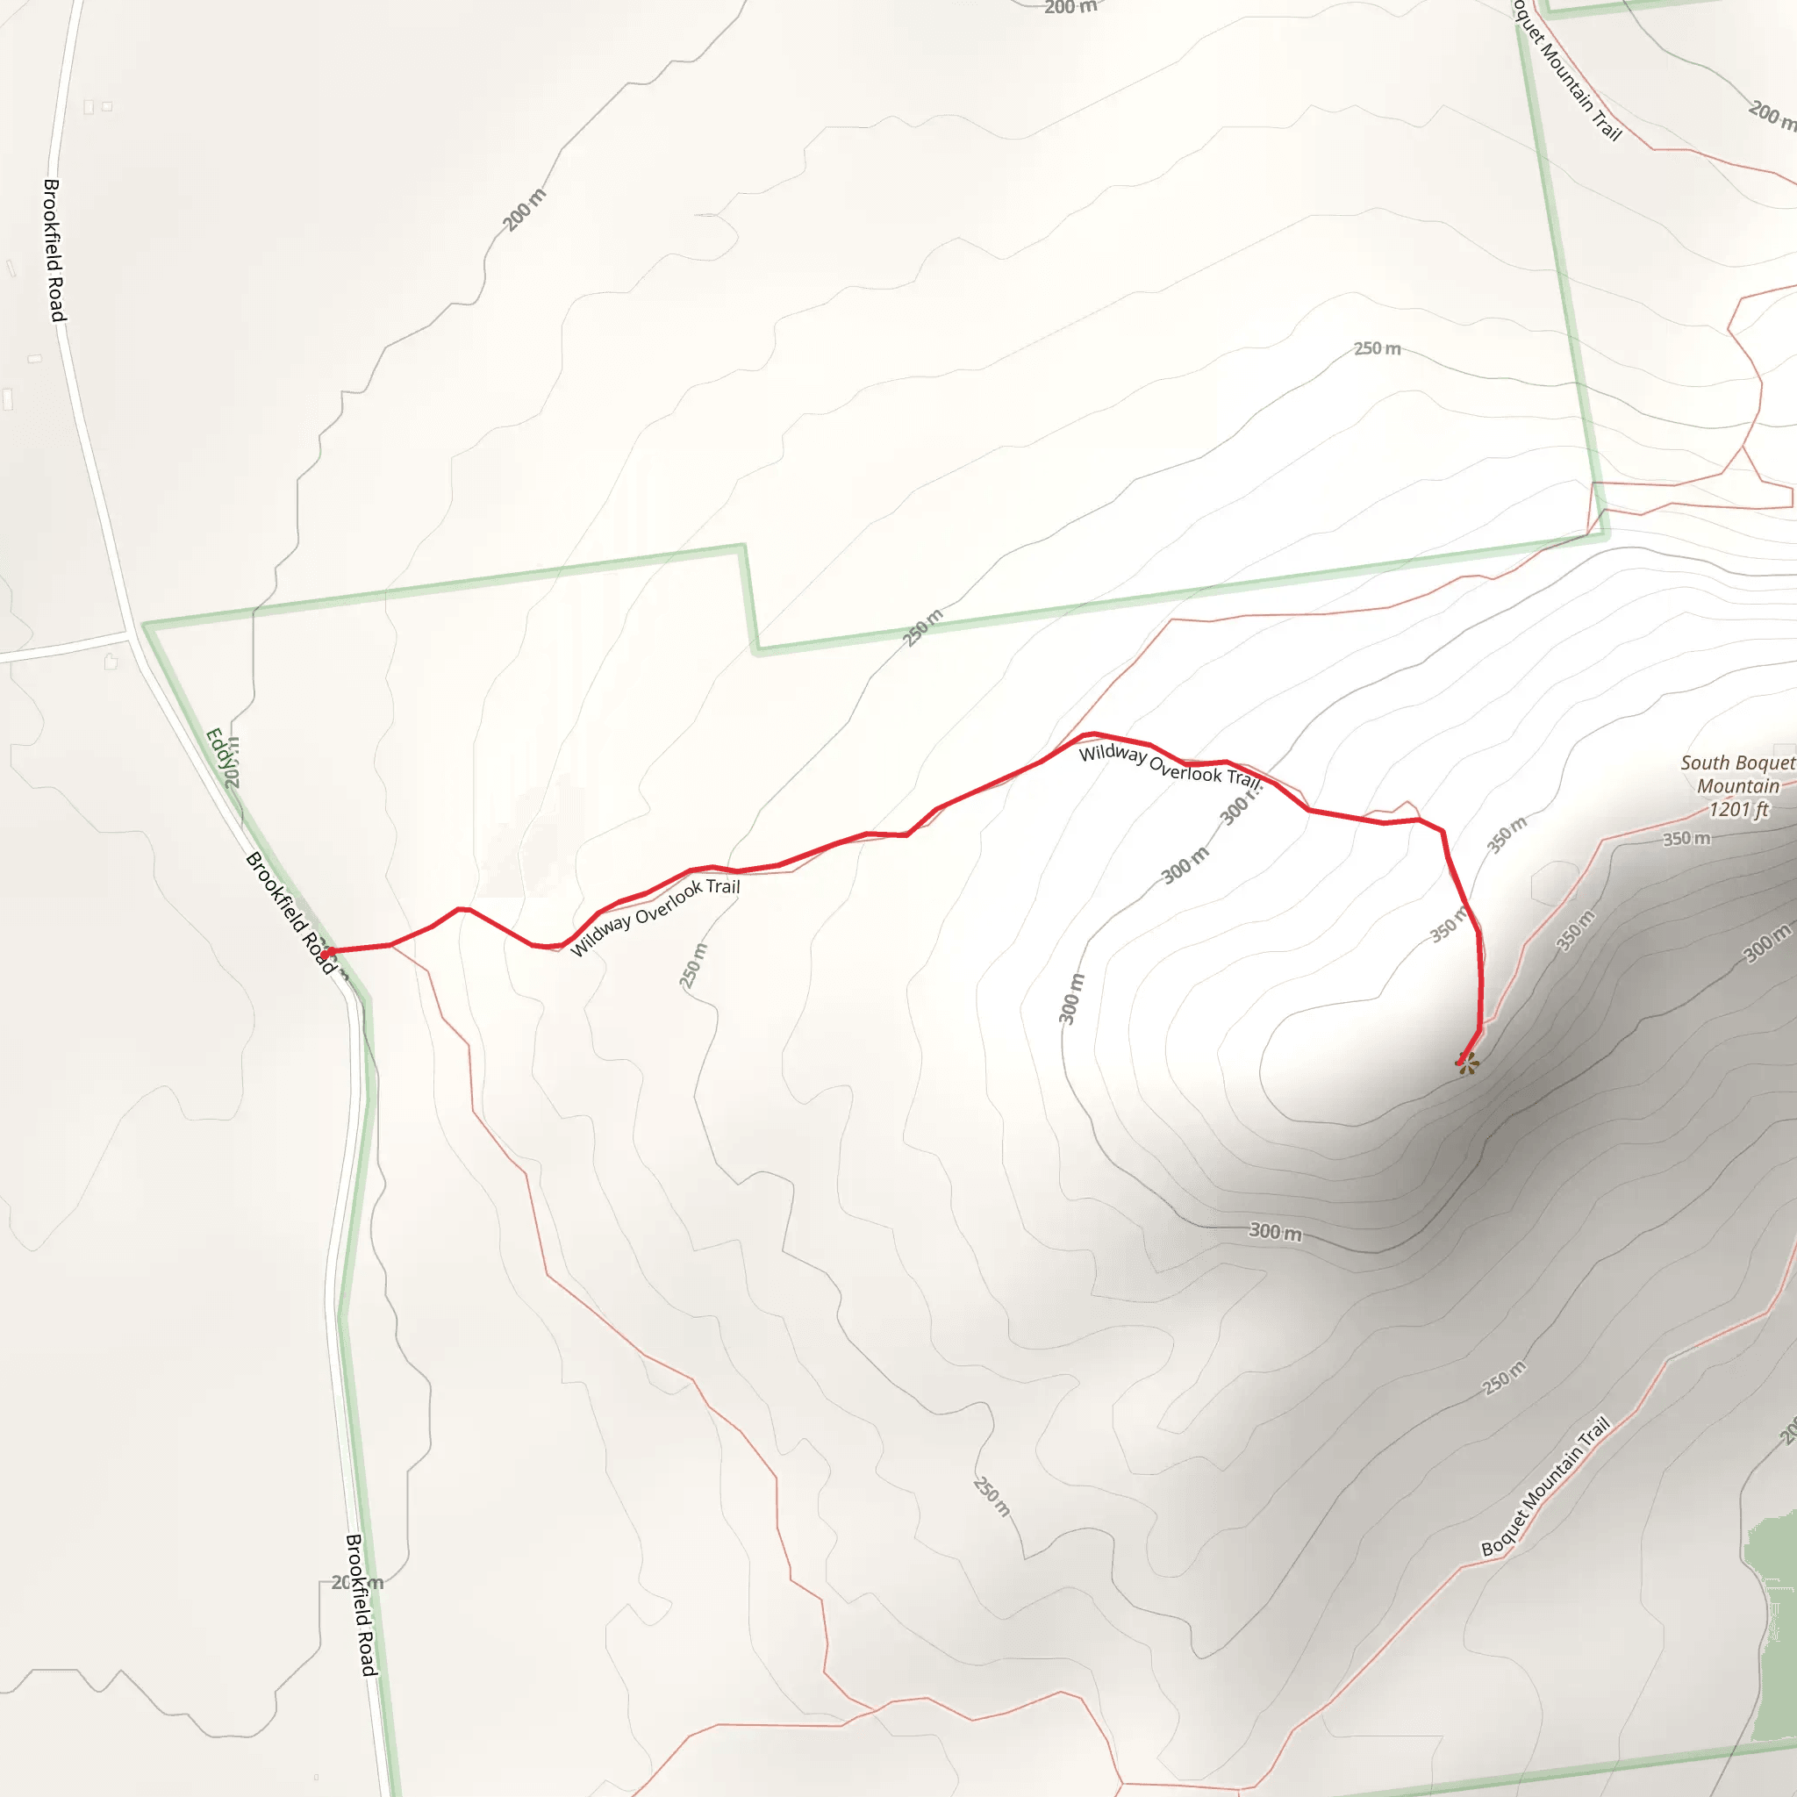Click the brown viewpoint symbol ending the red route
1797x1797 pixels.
[1468, 1063]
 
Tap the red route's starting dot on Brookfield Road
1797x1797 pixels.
[326, 952]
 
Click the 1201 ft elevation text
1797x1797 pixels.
[1737, 809]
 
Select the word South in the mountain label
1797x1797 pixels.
[1703, 762]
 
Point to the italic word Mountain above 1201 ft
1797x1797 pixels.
[1737, 786]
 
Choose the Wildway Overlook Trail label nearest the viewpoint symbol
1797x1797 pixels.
[1169, 765]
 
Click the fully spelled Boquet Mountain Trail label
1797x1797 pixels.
[1545, 1486]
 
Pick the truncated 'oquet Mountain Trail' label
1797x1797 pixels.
[1566, 71]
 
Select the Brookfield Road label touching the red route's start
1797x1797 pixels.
[289, 912]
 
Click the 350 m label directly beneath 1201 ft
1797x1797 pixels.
[1686, 838]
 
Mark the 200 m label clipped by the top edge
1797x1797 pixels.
[1070, 7]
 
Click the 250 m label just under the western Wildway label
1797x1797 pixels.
[693, 965]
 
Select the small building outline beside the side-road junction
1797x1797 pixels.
[111, 662]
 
